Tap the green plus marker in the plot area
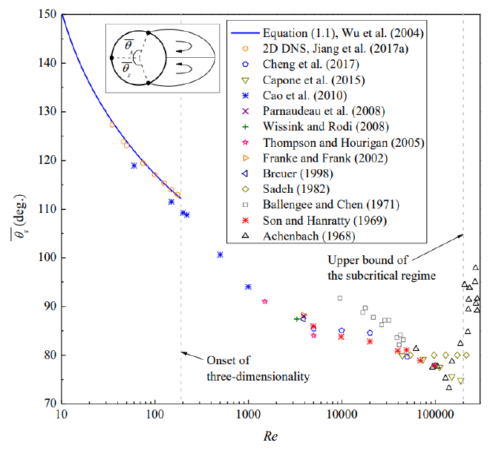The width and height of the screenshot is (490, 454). (297, 319)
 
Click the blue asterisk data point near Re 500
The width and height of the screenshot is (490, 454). (220, 254)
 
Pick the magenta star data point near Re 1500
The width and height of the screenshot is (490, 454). (265, 301)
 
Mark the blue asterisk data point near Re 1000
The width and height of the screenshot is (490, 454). (248, 286)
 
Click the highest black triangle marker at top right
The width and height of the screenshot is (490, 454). (476, 267)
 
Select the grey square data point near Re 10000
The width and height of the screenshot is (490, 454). (340, 298)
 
